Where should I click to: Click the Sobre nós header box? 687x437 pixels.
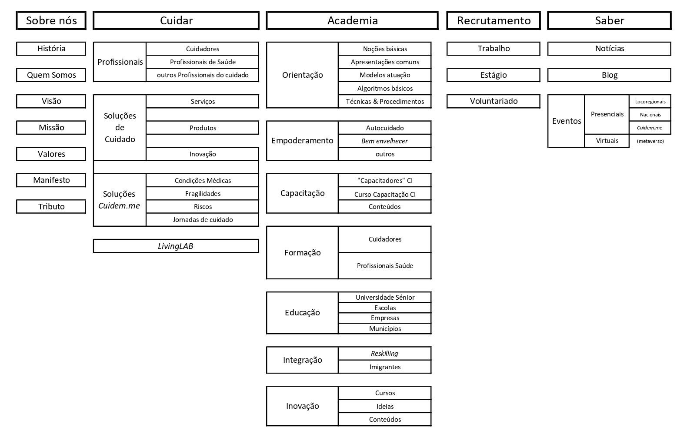tap(51, 20)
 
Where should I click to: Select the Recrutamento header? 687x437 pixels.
tap(494, 20)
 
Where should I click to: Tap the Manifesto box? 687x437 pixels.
tap(51, 180)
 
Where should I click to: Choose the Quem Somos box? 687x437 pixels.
tap(51, 75)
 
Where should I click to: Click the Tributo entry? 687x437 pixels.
tap(51, 206)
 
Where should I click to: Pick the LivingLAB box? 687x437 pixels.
tap(176, 246)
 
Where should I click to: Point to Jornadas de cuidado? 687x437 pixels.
tap(203, 220)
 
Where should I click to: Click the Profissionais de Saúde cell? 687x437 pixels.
tap(203, 62)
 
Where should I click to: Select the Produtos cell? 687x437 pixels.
tap(203, 128)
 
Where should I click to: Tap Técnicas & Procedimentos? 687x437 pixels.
tap(385, 102)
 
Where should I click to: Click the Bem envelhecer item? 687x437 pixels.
tap(385, 141)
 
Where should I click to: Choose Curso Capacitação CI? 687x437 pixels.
tap(385, 194)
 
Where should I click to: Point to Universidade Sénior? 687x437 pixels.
tap(385, 297)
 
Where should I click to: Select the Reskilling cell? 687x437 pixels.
tap(385, 353)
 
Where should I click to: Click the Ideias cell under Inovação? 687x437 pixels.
tap(385, 406)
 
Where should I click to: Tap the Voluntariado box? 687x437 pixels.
tap(494, 102)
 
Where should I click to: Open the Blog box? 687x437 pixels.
tap(610, 75)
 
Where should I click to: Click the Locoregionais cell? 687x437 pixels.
tap(650, 102)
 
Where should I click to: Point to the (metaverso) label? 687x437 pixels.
tap(650, 141)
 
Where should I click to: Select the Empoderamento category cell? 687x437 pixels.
tap(302, 141)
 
